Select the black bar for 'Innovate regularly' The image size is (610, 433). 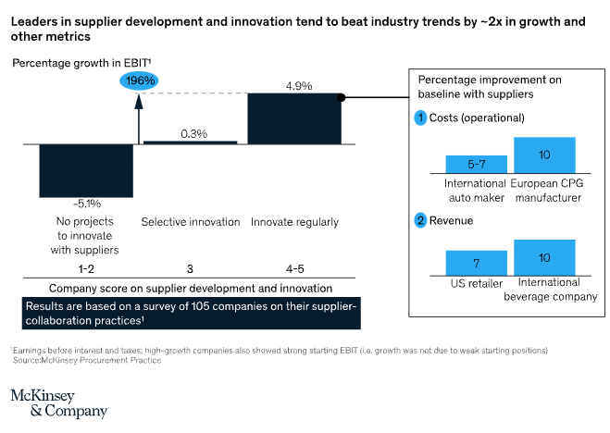point(294,119)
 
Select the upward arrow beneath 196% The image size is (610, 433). point(139,116)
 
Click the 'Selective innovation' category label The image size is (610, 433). point(191,222)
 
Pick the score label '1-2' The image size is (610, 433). point(87,268)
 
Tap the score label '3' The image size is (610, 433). point(191,268)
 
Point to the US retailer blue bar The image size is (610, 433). point(476,261)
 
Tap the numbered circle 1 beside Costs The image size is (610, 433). point(419,118)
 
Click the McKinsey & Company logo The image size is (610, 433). point(58,402)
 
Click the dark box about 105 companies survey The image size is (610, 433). point(190,312)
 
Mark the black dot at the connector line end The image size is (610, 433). point(341,96)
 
